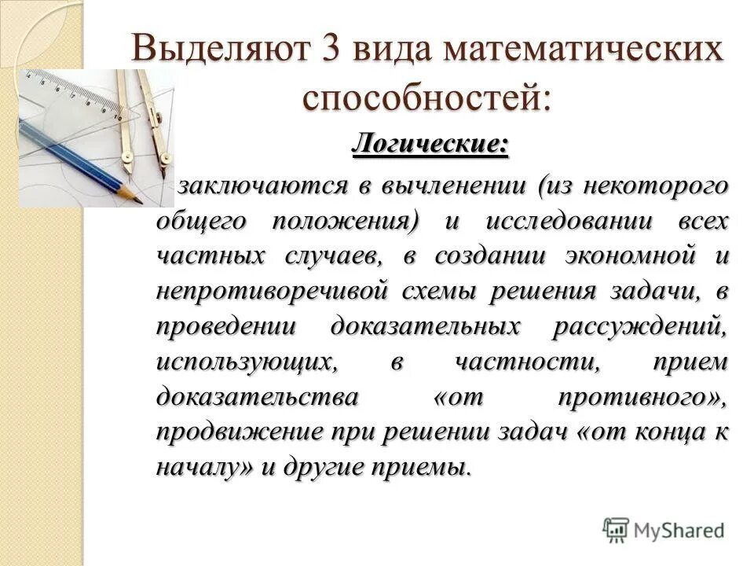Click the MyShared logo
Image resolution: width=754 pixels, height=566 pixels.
pos(664,531)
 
